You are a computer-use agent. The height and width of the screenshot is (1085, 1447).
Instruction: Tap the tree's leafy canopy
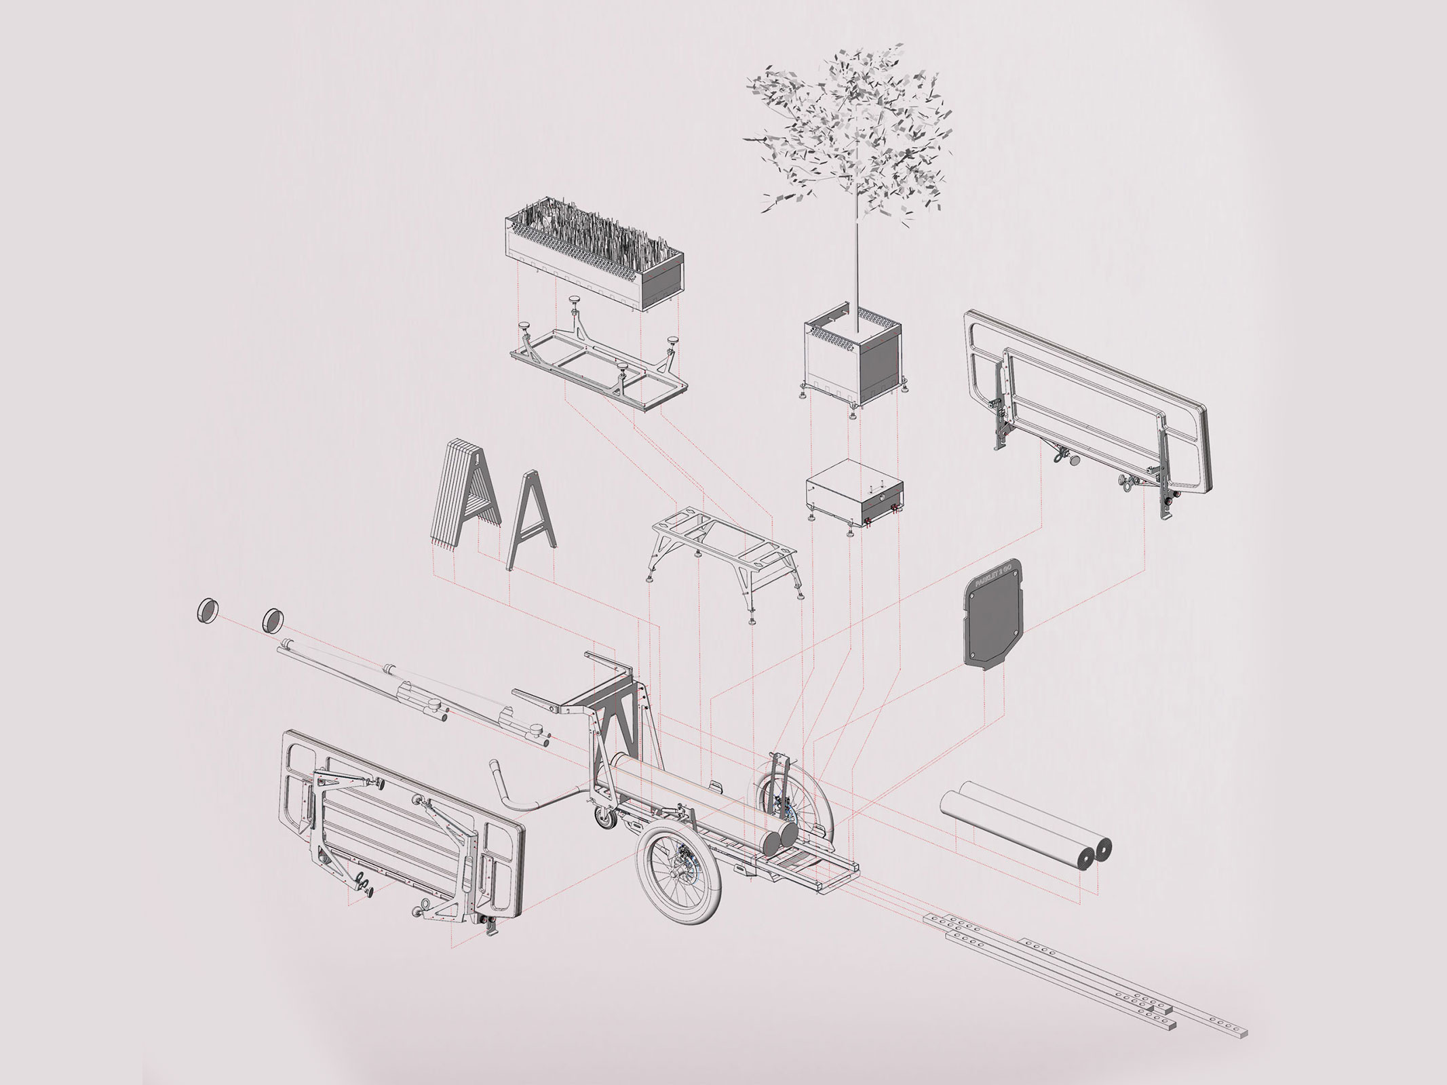(x=848, y=119)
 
